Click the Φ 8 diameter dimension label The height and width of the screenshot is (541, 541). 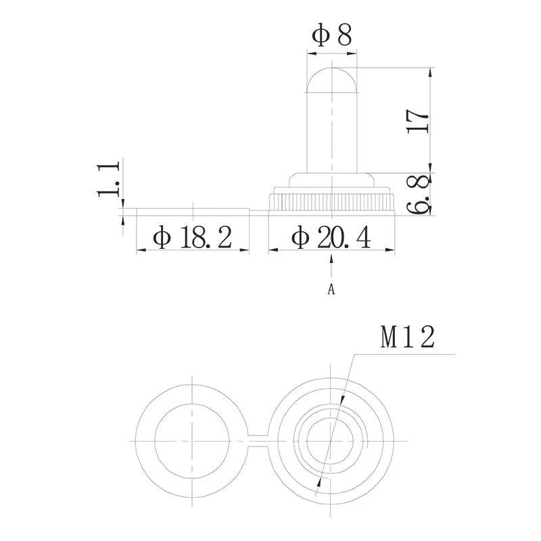(x=331, y=36)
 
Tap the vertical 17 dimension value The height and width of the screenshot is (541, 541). (x=418, y=121)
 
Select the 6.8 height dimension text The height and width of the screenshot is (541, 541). (x=419, y=194)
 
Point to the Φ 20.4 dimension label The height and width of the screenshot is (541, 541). (x=331, y=237)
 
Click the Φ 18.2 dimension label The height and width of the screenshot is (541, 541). (x=192, y=237)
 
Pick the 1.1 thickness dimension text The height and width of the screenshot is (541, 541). (x=108, y=179)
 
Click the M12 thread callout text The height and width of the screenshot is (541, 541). (x=408, y=337)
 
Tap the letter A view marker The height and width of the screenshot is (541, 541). (x=331, y=289)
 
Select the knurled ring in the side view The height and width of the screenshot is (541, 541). (x=331, y=202)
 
